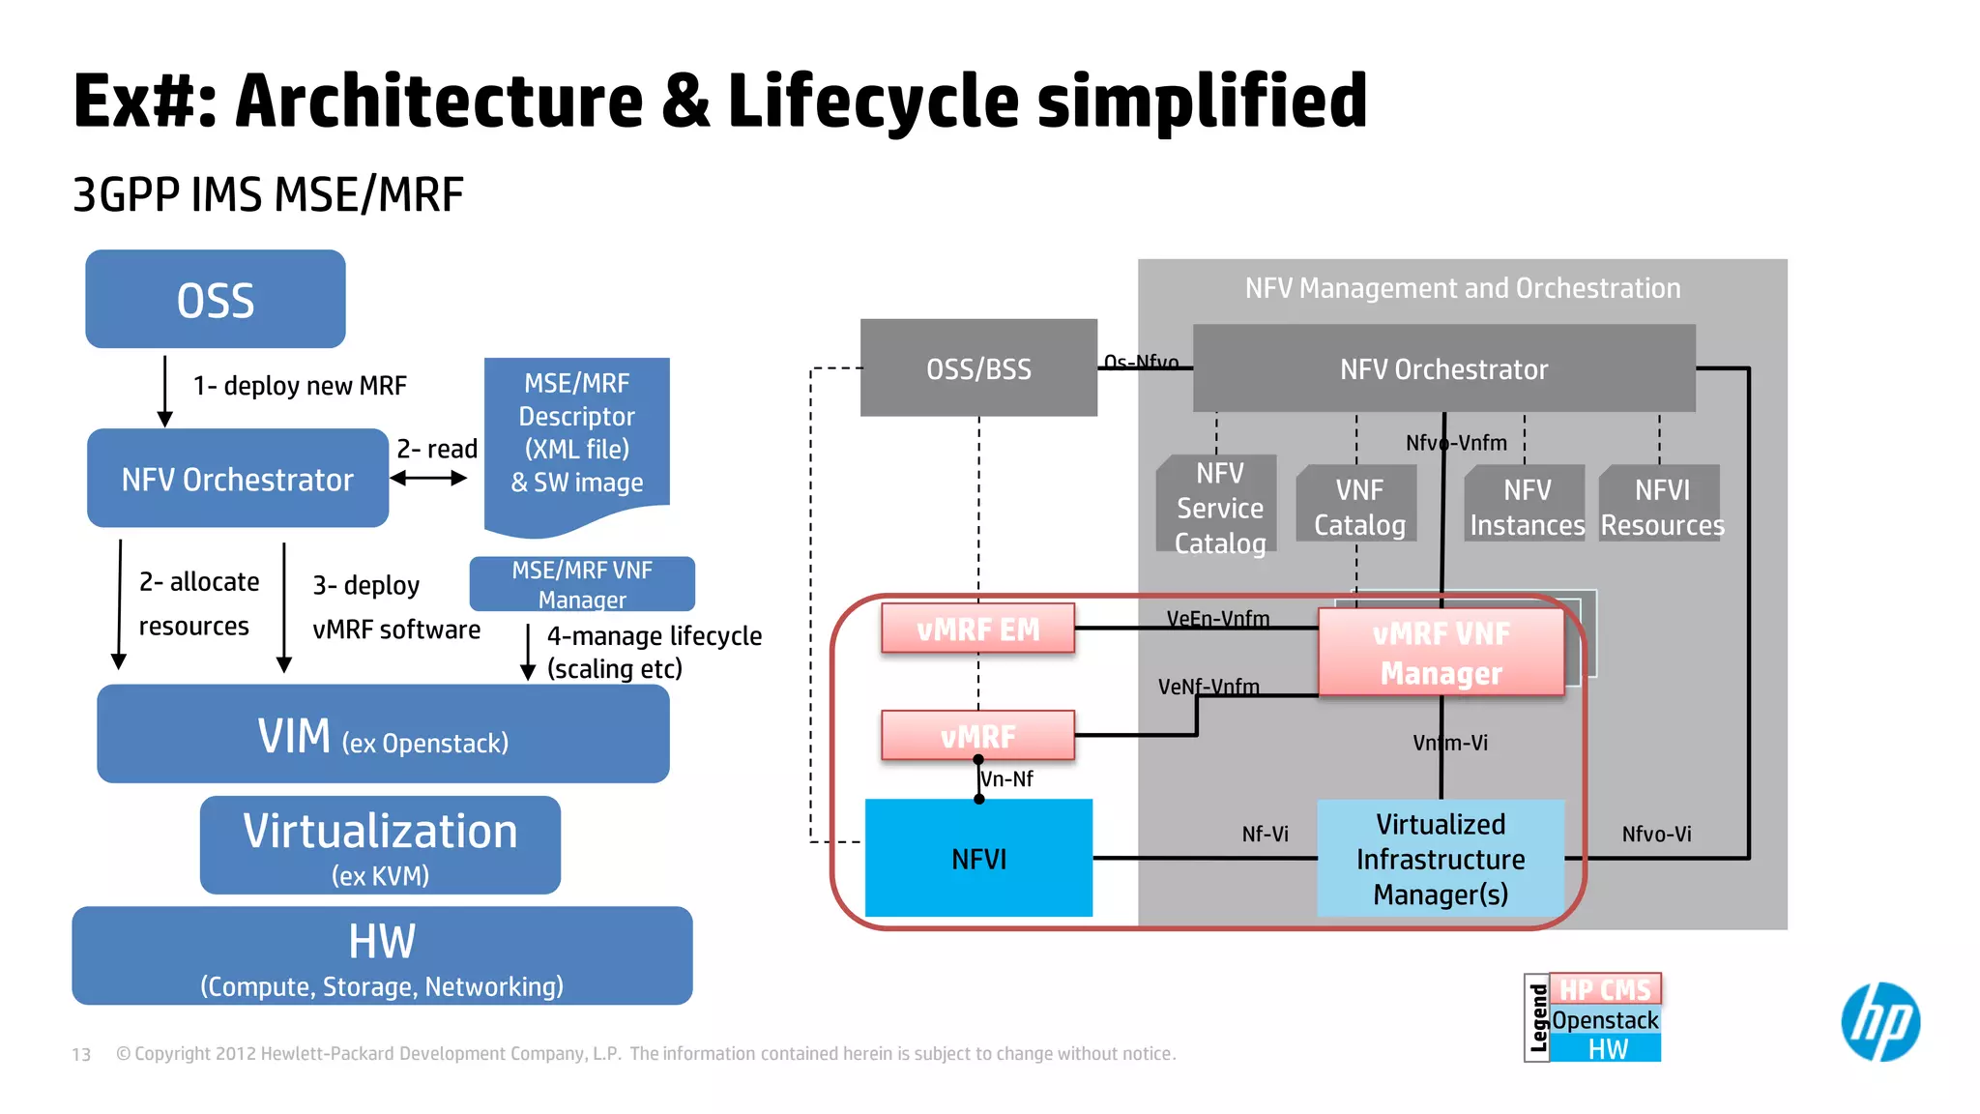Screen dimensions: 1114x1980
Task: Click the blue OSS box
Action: click(216, 300)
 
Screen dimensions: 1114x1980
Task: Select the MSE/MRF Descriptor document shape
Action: click(577, 435)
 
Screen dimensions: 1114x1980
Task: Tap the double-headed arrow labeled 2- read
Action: click(428, 478)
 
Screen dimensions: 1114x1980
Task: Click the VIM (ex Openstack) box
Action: click(383, 735)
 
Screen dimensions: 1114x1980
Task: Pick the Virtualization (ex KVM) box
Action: click(380, 845)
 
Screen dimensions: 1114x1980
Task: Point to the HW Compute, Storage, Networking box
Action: click(382, 955)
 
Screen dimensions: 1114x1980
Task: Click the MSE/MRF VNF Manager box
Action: click(582, 584)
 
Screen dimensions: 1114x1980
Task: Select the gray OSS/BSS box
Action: click(978, 368)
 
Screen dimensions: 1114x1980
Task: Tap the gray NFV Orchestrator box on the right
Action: click(1443, 368)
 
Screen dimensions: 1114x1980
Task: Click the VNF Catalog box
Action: click(1358, 506)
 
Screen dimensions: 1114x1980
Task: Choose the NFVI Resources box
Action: click(1661, 506)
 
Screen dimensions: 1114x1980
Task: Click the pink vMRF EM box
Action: click(977, 630)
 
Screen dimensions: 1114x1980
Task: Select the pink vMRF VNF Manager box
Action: click(1441, 653)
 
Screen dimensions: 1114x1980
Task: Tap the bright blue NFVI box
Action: click(978, 859)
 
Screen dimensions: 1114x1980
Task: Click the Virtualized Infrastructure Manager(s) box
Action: click(1441, 859)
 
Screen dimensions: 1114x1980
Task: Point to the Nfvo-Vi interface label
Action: click(1656, 834)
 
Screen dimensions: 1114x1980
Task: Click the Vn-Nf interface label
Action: click(1007, 779)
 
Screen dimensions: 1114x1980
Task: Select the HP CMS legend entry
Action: click(1605, 989)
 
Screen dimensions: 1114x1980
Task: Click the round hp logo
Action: click(1879, 1022)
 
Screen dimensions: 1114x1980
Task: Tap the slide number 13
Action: click(81, 1054)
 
